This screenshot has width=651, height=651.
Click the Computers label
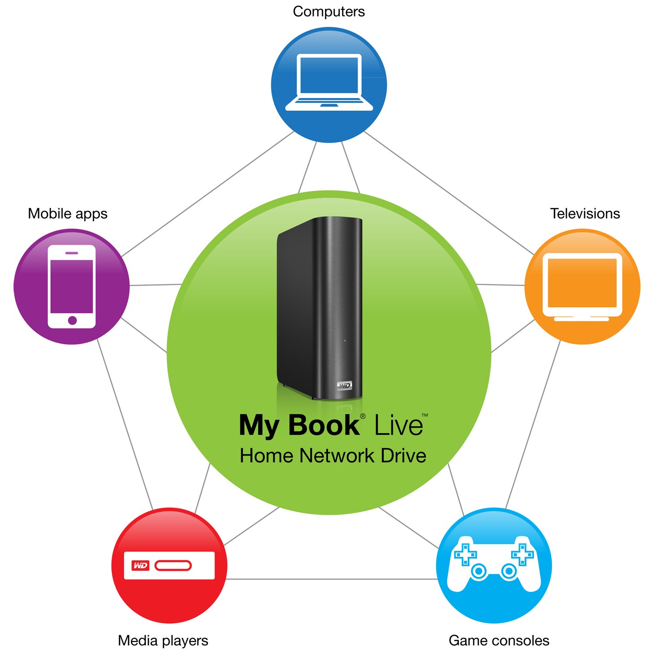tap(329, 12)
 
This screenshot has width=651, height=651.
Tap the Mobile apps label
tap(68, 214)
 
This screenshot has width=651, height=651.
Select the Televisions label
tap(585, 214)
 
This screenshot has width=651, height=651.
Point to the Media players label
tap(163, 641)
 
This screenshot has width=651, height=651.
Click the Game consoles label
tap(499, 641)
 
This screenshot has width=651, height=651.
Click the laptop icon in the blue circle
tap(329, 82)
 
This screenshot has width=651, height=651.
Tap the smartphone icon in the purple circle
tap(72, 287)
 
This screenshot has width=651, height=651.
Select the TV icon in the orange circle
tap(582, 287)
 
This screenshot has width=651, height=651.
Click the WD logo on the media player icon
tap(140, 566)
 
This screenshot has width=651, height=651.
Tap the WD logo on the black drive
tap(345, 385)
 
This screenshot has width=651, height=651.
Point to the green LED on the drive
tap(345, 341)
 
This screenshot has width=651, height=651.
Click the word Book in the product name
tap(324, 425)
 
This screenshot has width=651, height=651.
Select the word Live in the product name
tap(399, 425)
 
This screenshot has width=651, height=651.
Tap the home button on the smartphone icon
tap(72, 320)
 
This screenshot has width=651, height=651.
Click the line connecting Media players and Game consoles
tap(332, 579)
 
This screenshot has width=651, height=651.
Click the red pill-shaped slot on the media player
tap(173, 566)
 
